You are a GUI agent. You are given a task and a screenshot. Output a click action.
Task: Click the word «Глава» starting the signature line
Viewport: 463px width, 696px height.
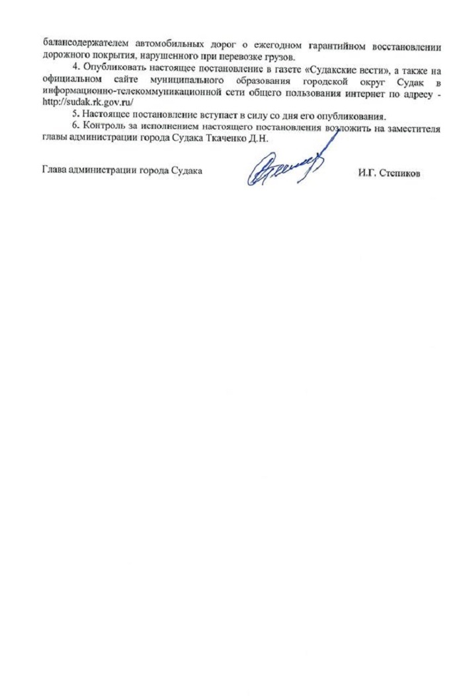53,169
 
